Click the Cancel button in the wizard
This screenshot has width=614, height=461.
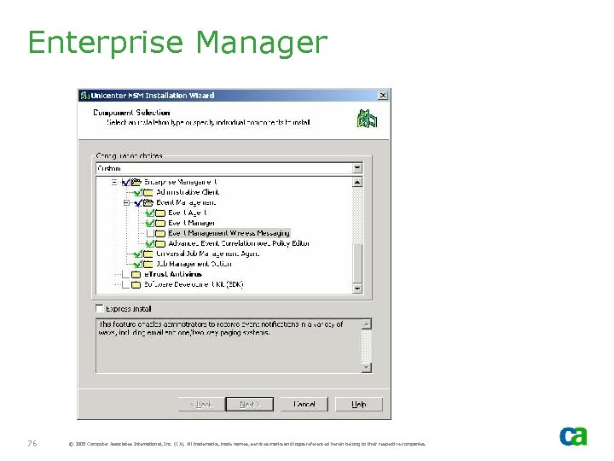pyautogui.click(x=304, y=404)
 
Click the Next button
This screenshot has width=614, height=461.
pyautogui.click(x=249, y=404)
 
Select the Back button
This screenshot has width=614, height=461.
pyautogui.click(x=202, y=404)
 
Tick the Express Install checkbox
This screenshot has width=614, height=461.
pyautogui.click(x=100, y=308)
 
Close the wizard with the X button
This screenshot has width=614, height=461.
pyautogui.click(x=383, y=95)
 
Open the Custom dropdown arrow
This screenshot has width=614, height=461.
pyautogui.click(x=357, y=168)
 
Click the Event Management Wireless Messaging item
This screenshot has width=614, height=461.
pyautogui.click(x=229, y=233)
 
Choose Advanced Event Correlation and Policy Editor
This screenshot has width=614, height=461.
pyautogui.click(x=239, y=243)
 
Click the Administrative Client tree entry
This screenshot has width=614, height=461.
pyautogui.click(x=187, y=192)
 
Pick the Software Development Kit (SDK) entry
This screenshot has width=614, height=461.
pyautogui.click(x=194, y=284)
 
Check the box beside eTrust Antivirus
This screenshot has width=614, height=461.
pyautogui.click(x=125, y=275)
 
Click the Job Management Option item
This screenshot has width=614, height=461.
pyautogui.click(x=195, y=264)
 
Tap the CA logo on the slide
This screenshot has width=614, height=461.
pyautogui.click(x=573, y=436)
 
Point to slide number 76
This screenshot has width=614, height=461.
pyautogui.click(x=32, y=443)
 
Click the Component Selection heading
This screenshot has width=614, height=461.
pyautogui.click(x=131, y=112)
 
